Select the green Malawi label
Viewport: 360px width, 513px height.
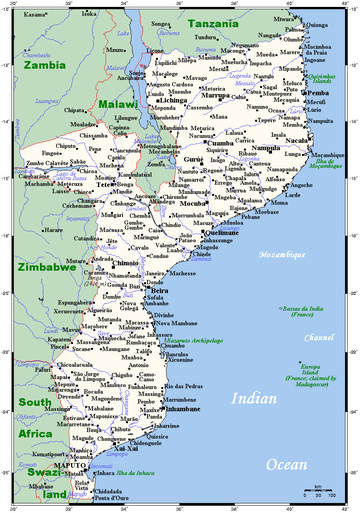(117, 104)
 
